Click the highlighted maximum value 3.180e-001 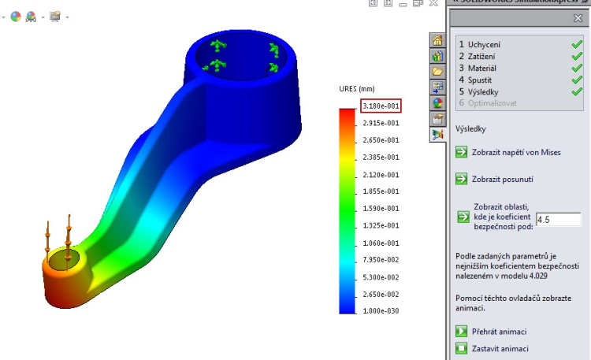[380, 106]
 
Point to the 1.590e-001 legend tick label [380, 209]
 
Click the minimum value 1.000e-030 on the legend [380, 311]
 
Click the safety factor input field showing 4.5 [558, 219]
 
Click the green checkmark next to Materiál [577, 68]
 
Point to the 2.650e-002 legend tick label [380, 294]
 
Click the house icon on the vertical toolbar [437, 40]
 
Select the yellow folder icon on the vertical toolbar [437, 72]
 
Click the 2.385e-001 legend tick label [380, 158]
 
